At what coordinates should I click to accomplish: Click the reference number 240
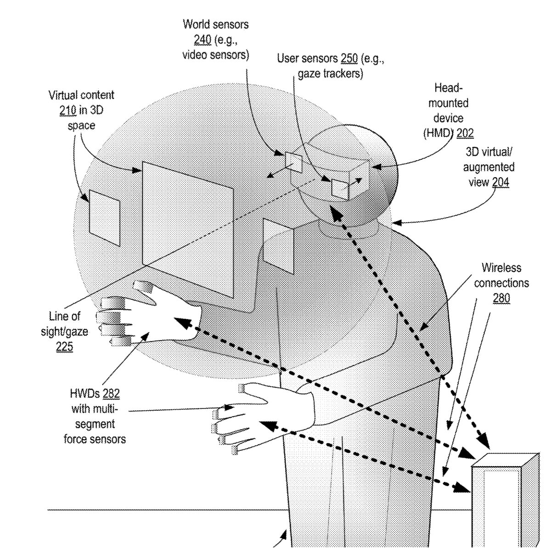[x=202, y=40]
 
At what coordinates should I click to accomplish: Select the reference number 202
[x=465, y=134]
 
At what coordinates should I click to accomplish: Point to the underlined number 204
[x=500, y=182]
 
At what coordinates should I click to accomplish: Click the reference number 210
[x=68, y=111]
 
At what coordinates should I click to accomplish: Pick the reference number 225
[x=64, y=347]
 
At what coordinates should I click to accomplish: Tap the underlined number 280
[x=501, y=298]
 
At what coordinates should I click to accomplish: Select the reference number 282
[x=111, y=393]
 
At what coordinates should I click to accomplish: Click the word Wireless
[x=501, y=268]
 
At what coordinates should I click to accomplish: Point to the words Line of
[x=64, y=316]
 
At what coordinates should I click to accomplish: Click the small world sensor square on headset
[x=292, y=162]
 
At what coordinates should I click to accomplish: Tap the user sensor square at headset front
[x=340, y=189]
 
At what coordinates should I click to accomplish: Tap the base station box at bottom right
[x=505, y=500]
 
